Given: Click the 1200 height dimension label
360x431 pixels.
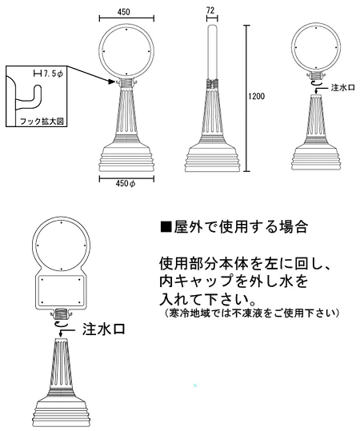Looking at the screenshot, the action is point(256,96).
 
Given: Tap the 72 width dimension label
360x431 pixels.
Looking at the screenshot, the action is point(210,10).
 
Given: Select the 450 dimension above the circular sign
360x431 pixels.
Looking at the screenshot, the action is point(123,12).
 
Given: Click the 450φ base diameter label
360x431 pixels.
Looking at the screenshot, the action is point(125,184).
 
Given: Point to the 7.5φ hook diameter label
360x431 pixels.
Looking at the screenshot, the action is point(52,74).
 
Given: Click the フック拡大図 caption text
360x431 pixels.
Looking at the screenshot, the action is point(42,122).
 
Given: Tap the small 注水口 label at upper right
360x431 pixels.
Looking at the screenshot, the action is point(342,88).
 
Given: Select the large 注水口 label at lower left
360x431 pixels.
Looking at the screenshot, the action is point(104,329).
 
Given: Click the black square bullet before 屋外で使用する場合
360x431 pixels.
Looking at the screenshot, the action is point(166,227).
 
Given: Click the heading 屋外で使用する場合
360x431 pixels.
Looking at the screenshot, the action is point(240,227).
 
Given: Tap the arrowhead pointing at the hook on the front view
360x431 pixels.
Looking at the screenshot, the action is point(112,82).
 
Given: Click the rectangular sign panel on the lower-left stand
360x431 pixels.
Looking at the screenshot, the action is point(61,291).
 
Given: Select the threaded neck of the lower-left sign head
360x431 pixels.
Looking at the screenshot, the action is point(62,313).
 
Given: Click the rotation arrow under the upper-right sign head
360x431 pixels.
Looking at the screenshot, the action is point(316,83).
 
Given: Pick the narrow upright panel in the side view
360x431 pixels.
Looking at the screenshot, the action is point(212,52).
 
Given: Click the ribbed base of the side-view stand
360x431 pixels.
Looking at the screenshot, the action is point(212,158).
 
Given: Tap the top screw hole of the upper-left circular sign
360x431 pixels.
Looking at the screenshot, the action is point(126,29).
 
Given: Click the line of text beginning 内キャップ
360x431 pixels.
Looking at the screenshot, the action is point(234,281).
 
